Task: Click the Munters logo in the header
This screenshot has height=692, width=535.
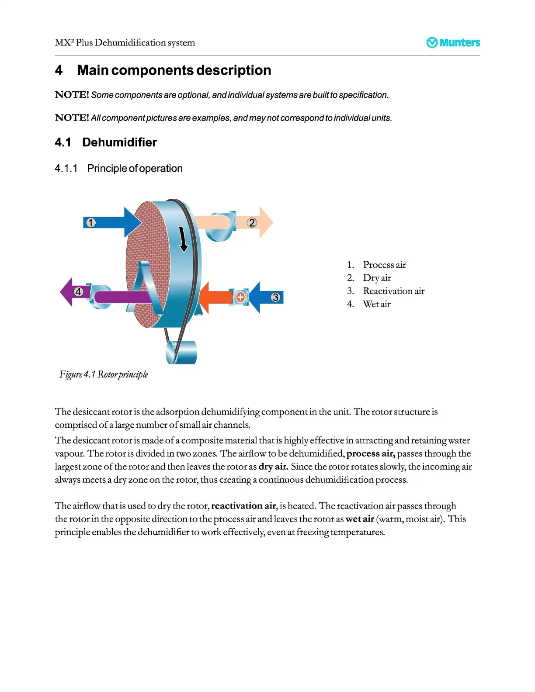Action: pos(453,42)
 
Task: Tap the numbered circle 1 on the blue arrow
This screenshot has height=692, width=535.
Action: pos(90,223)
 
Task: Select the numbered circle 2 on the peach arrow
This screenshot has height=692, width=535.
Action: pos(252,223)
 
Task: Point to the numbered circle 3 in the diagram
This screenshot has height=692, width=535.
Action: pos(275,298)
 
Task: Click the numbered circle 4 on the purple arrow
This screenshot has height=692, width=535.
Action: pos(78,292)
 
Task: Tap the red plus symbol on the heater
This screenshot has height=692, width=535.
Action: pos(240,298)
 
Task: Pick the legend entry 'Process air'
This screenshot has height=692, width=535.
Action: pos(384,265)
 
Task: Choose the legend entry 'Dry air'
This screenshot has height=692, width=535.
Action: pos(377,278)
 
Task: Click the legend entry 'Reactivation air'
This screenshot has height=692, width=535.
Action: pos(393,291)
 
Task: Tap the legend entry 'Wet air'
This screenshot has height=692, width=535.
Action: pos(377,304)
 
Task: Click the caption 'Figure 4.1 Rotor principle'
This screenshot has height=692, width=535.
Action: pos(104,374)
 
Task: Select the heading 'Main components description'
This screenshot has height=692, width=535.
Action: pos(174,70)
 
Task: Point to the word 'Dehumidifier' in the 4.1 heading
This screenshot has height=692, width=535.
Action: pos(119,142)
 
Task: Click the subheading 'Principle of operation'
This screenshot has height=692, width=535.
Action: pos(135,169)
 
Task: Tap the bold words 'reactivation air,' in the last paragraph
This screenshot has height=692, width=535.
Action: pos(244,506)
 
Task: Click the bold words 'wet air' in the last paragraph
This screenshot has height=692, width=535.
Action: pos(359,519)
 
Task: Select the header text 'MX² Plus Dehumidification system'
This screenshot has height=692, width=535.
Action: pos(125,43)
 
